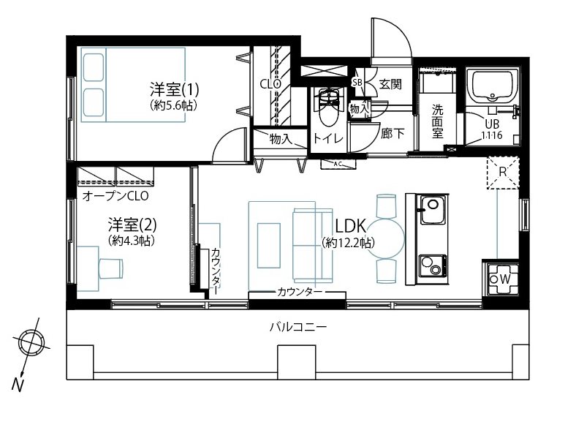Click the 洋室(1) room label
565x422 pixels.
coord(174,89)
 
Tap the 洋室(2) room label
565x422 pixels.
coord(132,225)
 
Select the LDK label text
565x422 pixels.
coord(351,226)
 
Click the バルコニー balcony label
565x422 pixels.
coord(298,327)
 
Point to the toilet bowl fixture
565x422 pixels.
coord(329,108)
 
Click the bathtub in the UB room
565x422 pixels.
coord(493,86)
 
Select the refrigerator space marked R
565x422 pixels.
coord(503,173)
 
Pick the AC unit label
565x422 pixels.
coord(338,164)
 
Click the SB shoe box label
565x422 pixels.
coord(357,82)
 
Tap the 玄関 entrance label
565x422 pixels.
coord(390,84)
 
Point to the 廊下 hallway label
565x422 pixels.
coord(393,134)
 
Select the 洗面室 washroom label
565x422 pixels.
coord(437,121)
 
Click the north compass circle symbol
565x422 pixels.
coord(31,342)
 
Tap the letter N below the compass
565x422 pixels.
coord(18,385)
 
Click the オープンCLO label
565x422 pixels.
coord(115,196)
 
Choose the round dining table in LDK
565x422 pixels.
coord(385,238)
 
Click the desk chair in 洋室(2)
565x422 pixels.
coord(110,268)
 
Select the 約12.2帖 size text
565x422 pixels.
coord(349,243)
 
